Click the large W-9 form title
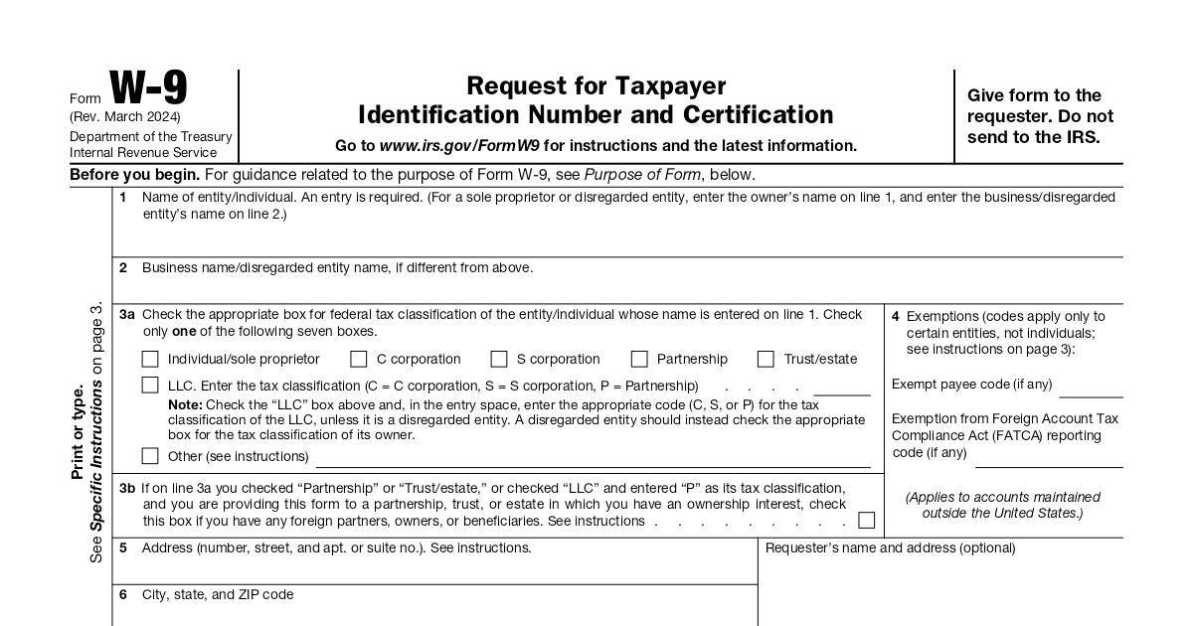click(148, 88)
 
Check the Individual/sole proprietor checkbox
click(150, 359)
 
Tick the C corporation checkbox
click(359, 359)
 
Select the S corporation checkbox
click(499, 359)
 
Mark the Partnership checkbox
click(639, 359)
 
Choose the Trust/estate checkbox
click(766, 359)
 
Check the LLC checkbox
click(150, 385)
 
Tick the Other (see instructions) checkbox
click(150, 456)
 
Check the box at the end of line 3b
click(867, 520)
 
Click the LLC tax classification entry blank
click(841, 388)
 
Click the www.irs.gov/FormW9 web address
click(459, 146)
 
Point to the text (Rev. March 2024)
click(125, 116)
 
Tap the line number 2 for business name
click(123, 267)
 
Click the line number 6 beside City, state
click(123, 594)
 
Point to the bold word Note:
click(185, 404)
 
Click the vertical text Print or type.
click(79, 432)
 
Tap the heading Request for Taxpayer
click(596, 86)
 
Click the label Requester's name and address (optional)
click(890, 548)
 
